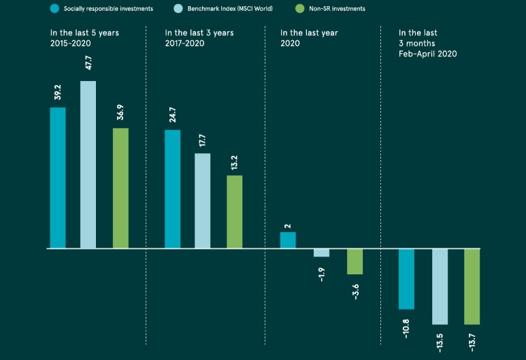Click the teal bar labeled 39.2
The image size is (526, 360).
tap(58, 178)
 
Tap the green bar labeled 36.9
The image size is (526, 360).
tap(120, 188)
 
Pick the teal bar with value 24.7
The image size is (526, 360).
tap(173, 189)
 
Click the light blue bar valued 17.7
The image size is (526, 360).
tap(203, 201)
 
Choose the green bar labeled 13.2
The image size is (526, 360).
tap(234, 212)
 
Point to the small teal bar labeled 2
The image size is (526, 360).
tap(288, 240)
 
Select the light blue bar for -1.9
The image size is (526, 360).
tap(321, 253)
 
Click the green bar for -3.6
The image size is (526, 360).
tap(355, 262)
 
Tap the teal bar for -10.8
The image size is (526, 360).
tap(406, 279)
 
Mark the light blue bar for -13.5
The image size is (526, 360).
tap(440, 287)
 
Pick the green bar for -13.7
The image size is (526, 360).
tap(472, 287)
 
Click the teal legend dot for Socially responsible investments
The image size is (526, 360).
tap(54, 8)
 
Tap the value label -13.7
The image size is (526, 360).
tap(472, 340)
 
